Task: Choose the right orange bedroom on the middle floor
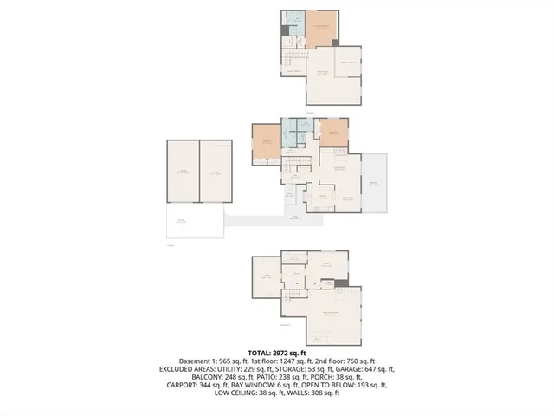pyautogui.click(x=333, y=133)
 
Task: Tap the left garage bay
pyautogui.click(x=184, y=172)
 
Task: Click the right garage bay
pyautogui.click(x=216, y=172)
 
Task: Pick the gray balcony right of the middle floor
pyautogui.click(x=375, y=183)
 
